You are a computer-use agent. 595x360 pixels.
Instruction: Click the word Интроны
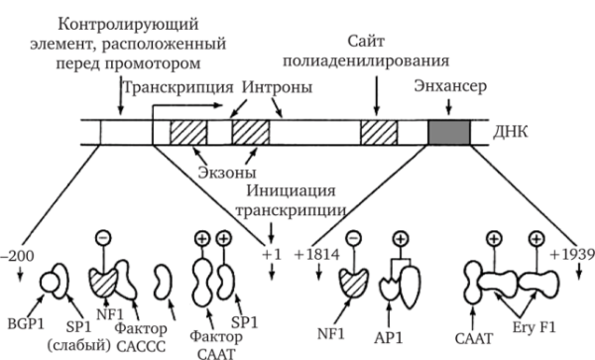[276, 88]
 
